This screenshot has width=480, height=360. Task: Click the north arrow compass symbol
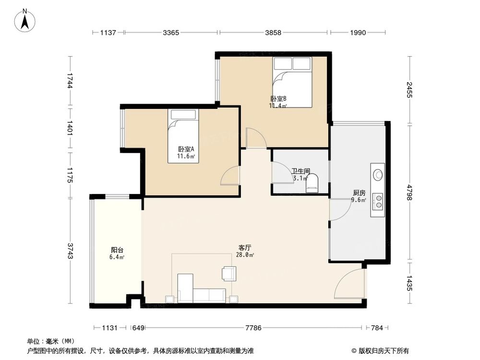tap(25, 21)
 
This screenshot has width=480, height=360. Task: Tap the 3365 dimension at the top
tap(171, 33)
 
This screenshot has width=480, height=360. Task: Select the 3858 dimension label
tap(273, 33)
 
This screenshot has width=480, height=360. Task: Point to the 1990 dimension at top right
tap(358, 33)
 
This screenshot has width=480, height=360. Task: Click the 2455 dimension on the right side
tap(409, 90)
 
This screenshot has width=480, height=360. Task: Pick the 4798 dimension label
tap(409, 192)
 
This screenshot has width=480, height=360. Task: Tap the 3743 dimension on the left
tap(70, 251)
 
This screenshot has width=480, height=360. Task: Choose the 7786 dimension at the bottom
tap(253, 328)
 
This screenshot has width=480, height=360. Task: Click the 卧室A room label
tap(186, 149)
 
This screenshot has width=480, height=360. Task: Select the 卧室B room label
tap(278, 99)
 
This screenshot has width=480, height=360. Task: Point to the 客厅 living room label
tap(245, 247)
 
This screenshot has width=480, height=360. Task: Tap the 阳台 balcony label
tap(117, 250)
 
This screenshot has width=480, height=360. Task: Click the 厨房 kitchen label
tap(359, 193)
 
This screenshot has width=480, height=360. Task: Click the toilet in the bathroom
tap(312, 183)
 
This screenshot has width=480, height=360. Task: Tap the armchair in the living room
tap(229, 274)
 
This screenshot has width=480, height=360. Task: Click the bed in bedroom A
tap(183, 136)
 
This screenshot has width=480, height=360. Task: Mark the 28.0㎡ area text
tap(245, 255)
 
